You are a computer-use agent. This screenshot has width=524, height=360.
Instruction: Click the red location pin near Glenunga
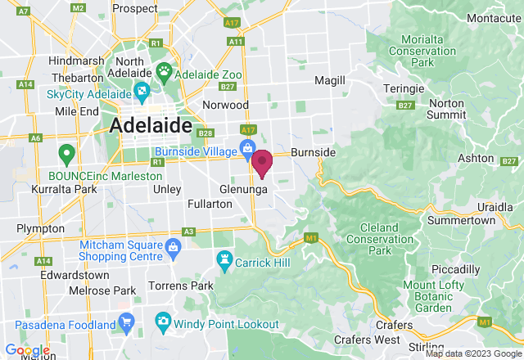click(262, 162)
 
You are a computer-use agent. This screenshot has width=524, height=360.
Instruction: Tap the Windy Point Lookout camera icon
click(163, 319)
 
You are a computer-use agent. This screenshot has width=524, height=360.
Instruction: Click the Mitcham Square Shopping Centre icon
click(173, 246)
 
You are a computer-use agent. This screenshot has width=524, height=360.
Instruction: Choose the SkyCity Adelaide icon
click(140, 90)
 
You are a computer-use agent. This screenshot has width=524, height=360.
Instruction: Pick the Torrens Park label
click(180, 286)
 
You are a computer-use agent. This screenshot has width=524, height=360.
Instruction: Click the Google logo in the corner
click(26, 349)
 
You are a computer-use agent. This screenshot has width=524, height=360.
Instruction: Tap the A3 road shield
click(189, 232)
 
